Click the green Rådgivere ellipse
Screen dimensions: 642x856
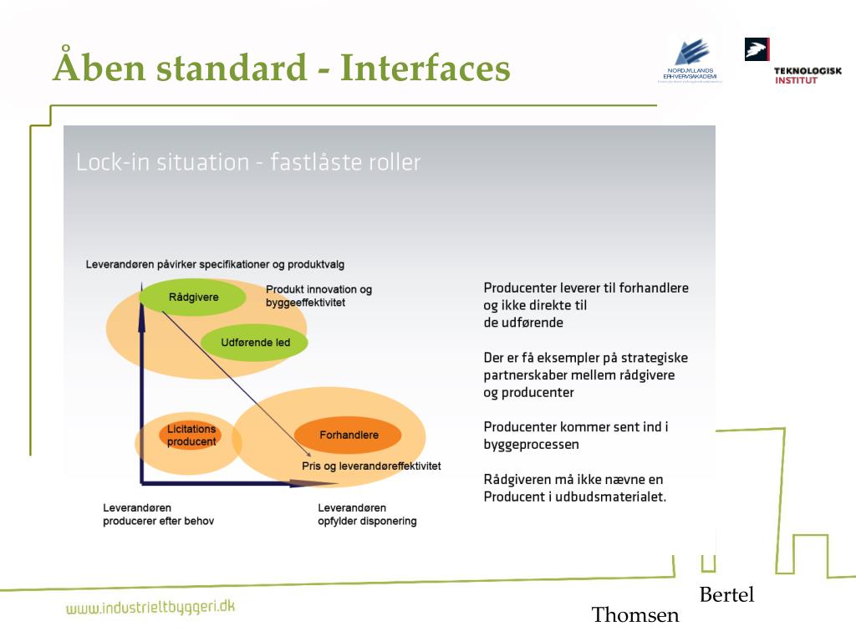click(192, 297)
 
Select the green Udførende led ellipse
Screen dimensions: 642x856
click(254, 342)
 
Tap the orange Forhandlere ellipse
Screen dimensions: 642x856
click(349, 435)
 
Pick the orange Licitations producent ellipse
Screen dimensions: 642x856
click(191, 436)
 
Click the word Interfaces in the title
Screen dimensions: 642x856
click(425, 68)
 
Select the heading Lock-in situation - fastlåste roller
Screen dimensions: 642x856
click(248, 162)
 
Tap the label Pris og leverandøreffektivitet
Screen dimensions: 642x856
click(371, 466)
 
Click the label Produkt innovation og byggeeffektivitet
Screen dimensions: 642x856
click(318, 296)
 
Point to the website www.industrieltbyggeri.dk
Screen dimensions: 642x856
click(150, 608)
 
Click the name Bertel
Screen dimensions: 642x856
click(726, 594)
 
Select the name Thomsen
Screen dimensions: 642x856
click(635, 615)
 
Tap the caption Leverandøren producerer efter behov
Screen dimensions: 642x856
click(158, 514)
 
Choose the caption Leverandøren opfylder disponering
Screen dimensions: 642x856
click(367, 514)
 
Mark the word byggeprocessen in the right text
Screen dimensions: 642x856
click(531, 445)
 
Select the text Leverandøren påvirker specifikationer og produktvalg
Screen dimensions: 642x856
click(215, 264)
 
